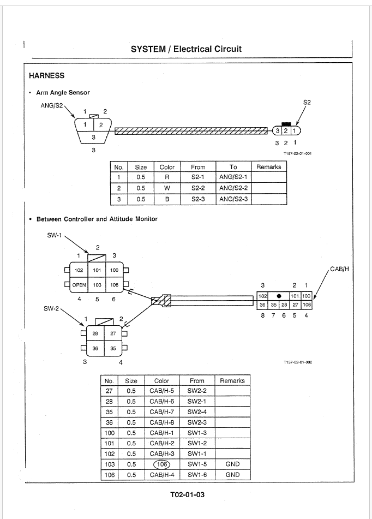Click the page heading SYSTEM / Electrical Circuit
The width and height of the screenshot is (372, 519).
186,49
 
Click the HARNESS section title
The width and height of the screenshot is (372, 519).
47,75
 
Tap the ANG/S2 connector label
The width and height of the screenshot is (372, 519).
51,105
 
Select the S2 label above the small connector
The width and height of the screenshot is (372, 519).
307,102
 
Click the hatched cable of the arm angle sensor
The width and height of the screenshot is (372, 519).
191,131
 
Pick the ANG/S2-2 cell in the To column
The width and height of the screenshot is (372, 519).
233,188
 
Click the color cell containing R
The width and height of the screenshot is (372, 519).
167,177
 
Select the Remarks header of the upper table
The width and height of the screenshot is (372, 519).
269,167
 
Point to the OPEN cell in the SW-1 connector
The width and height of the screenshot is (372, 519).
79,285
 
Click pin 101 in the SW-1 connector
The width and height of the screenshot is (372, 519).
97,270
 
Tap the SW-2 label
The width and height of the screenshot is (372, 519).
51,308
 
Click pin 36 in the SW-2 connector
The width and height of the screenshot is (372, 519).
95,348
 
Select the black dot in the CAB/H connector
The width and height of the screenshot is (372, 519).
279,296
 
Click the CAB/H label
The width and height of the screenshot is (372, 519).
340,269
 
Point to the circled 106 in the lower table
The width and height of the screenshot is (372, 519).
162,464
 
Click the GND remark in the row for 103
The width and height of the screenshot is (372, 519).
232,464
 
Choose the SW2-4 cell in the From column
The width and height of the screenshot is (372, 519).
197,411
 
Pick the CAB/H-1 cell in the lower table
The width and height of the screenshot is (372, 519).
162,433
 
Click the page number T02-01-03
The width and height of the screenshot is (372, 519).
187,494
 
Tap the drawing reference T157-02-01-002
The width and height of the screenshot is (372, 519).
298,362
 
